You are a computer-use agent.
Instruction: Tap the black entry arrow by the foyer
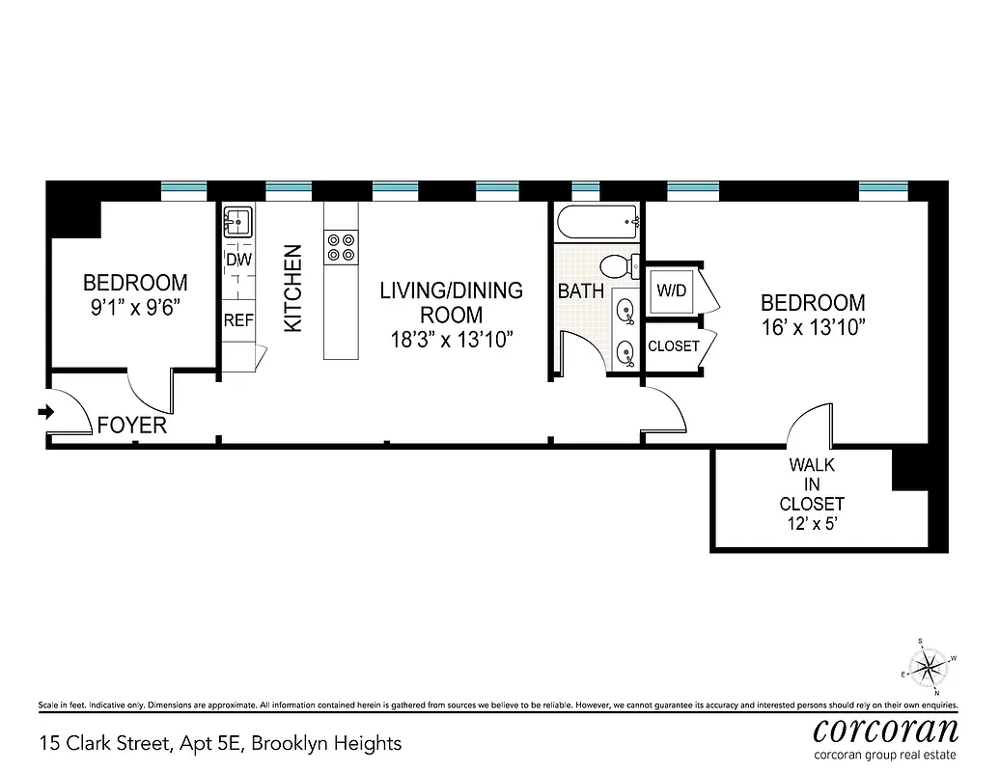tap(44, 412)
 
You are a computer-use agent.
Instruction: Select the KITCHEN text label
tap(292, 289)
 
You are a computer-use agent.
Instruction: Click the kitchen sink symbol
tap(237, 223)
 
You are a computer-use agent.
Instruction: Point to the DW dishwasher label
tap(237, 260)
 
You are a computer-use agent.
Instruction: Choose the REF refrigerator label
tap(237, 321)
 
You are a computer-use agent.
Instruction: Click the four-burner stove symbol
tap(340, 247)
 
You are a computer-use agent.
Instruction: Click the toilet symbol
tap(618, 266)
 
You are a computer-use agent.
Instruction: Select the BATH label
tap(581, 290)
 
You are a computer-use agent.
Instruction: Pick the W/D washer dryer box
tap(672, 290)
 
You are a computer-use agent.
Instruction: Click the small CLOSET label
tap(673, 345)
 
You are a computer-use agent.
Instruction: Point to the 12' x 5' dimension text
tap(812, 524)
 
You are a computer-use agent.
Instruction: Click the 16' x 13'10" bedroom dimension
tap(812, 327)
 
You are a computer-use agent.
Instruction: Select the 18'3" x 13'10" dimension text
tap(451, 339)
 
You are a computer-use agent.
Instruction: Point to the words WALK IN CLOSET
tap(812, 484)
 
